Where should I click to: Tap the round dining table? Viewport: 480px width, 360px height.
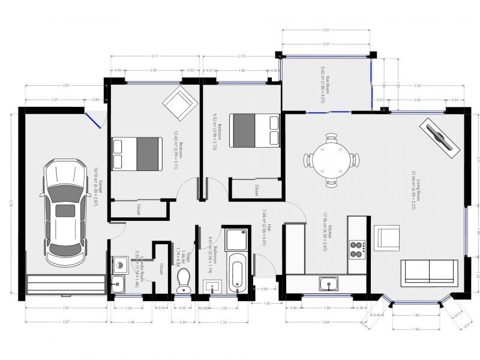[x=331, y=160]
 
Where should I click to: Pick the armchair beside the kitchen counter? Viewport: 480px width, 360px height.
[x=386, y=238]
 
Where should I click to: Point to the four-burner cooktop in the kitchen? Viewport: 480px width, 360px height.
[x=357, y=249]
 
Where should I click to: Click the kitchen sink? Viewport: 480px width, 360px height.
[x=328, y=283]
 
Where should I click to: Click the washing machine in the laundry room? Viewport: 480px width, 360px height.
[x=119, y=265]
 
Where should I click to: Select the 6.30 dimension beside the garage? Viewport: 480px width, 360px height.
[x=10, y=204]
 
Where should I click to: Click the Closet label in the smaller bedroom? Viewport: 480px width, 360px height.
[x=256, y=190]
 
